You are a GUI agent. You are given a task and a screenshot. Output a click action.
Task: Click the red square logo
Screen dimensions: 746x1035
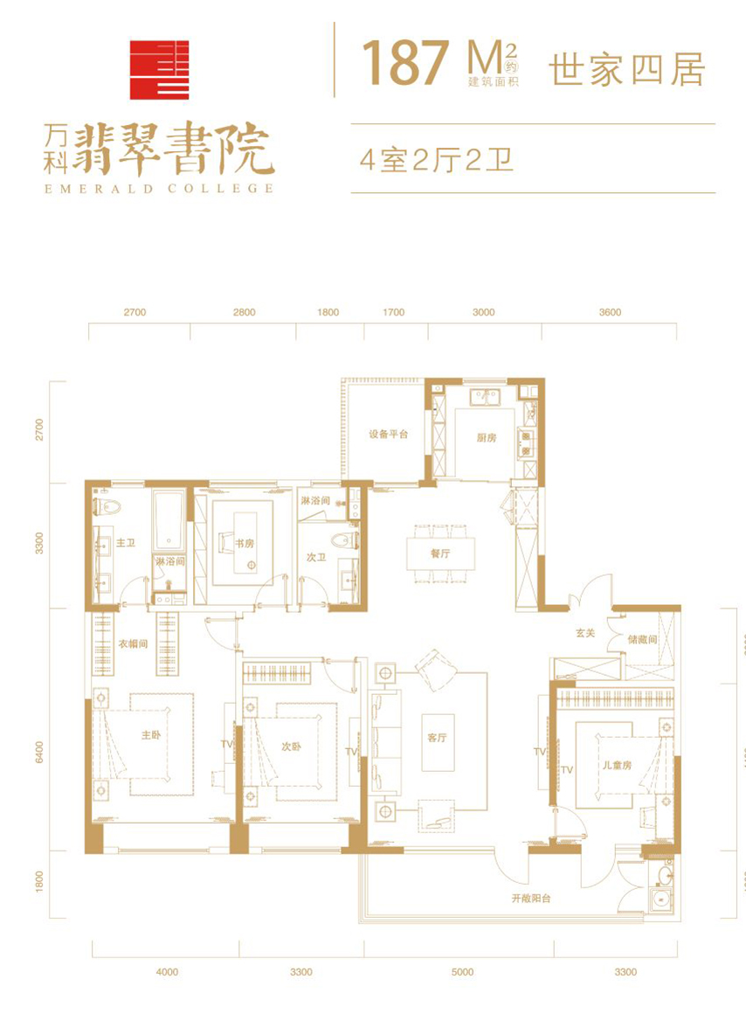coord(159,70)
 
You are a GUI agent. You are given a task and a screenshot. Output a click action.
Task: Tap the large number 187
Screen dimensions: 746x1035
coord(405,63)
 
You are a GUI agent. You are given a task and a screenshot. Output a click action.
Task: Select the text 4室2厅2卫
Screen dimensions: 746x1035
coord(436,160)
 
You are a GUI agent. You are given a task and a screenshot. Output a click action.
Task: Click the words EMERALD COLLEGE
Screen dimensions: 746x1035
coord(159,188)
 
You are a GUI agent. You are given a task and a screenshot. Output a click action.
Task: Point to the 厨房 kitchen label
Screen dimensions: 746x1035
coord(486,438)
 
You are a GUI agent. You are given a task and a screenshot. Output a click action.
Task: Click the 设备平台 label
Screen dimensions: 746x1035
coord(388,434)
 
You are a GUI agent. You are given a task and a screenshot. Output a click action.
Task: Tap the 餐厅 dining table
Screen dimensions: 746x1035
coord(440,554)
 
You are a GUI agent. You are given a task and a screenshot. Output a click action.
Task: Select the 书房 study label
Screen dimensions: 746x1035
coord(244,543)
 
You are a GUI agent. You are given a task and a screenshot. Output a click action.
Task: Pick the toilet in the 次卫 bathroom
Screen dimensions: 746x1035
coord(346,540)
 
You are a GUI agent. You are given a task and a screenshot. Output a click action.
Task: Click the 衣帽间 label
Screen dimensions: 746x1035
coord(133,643)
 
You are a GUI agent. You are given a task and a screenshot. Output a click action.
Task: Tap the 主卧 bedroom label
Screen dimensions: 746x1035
coord(151,734)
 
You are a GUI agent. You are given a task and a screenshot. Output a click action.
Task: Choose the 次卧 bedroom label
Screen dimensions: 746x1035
coord(291,747)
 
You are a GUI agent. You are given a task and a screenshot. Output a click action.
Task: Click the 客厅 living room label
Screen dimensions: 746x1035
coord(437,737)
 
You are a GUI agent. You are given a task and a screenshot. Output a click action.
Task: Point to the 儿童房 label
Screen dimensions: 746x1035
coord(617,765)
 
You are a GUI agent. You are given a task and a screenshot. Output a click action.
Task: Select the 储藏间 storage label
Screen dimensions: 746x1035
coord(642,640)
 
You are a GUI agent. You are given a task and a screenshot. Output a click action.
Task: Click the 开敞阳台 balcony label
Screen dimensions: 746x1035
coord(531,899)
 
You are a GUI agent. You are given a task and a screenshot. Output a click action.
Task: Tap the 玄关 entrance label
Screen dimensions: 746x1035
coord(585,633)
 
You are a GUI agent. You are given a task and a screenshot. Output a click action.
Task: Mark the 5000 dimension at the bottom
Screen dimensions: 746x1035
coord(462,972)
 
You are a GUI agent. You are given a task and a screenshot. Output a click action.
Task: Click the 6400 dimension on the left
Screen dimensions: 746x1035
coord(39,753)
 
